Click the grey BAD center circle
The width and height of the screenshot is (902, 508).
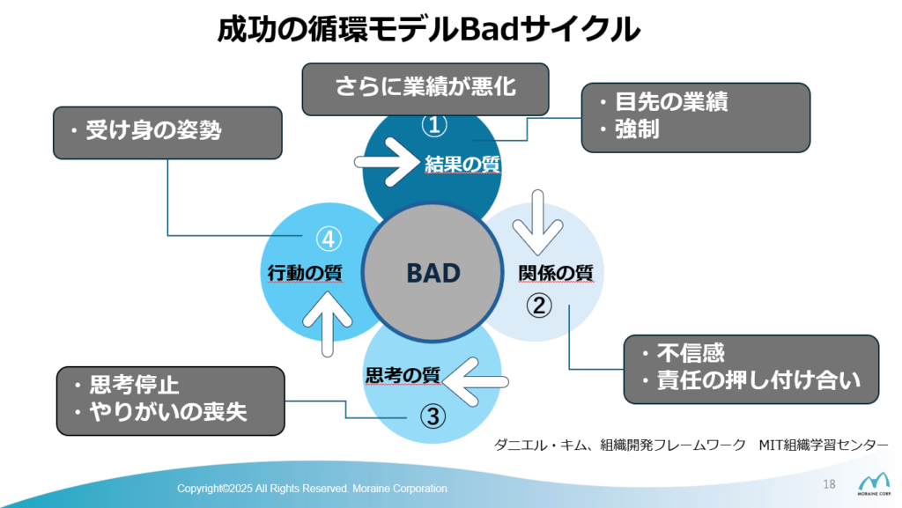(433, 272)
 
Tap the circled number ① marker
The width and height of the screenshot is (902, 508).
(434, 124)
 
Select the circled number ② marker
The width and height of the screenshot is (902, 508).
(539, 306)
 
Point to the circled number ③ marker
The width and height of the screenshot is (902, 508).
(433, 416)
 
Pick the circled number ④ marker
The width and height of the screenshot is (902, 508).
(329, 239)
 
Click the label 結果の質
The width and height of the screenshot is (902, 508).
(462, 165)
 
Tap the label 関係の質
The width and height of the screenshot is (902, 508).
(556, 273)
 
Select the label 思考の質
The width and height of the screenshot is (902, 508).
(403, 375)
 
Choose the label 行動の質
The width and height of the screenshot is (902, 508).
(305, 273)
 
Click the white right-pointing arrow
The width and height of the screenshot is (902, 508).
(387, 162)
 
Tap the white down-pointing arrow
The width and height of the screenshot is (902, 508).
(538, 223)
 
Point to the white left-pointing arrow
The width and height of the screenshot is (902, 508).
(475, 381)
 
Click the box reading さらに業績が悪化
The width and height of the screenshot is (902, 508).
(425, 89)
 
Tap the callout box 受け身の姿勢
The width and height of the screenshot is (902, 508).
(167, 133)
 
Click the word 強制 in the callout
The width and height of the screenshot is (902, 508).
(637, 129)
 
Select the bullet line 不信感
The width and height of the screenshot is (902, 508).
(684, 353)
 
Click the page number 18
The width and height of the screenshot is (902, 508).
(829, 484)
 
